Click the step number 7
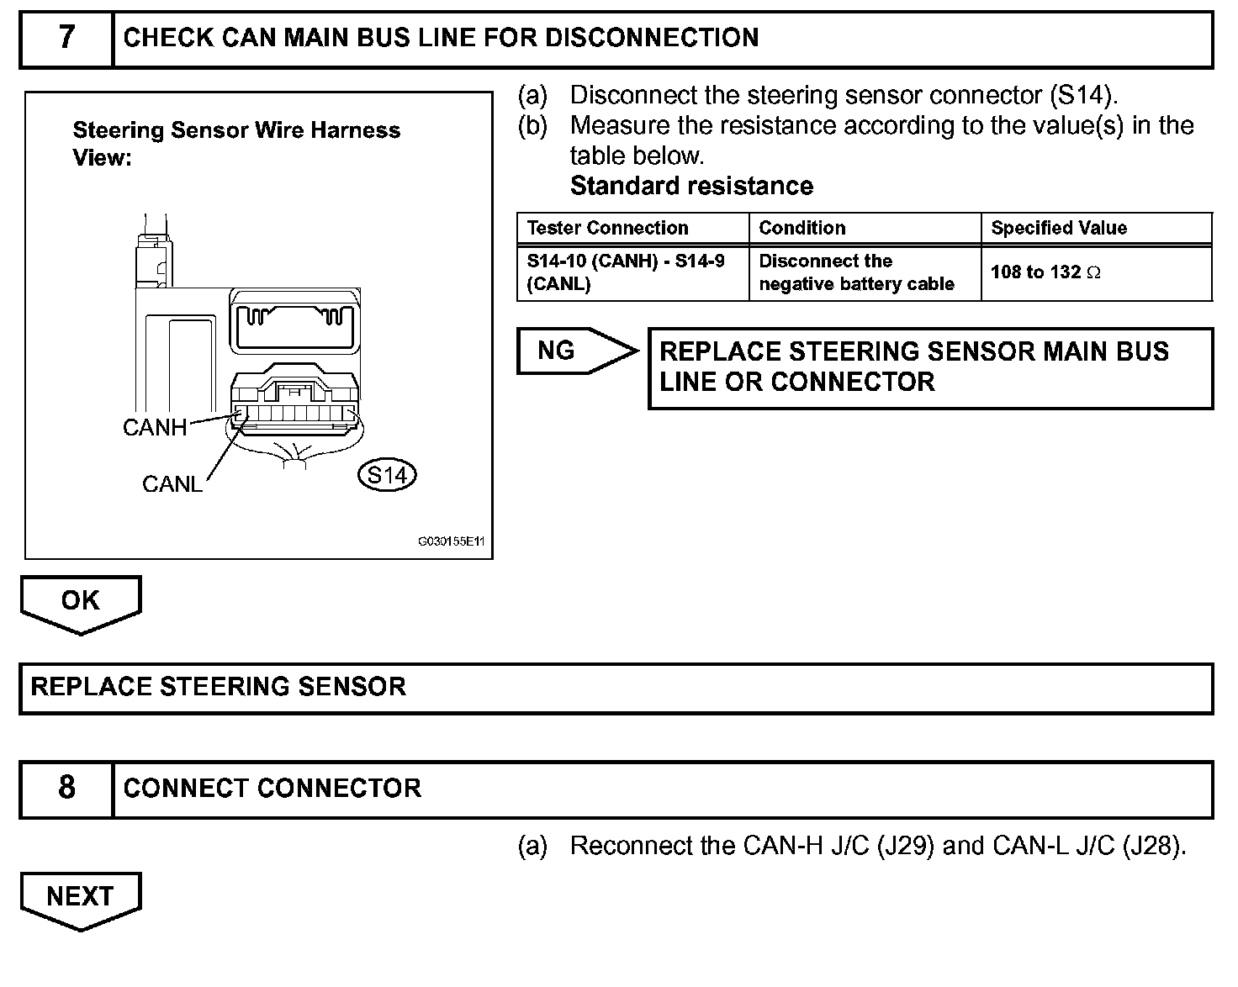(66, 37)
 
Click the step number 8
(66, 787)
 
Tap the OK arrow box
(81, 604)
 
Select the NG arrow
(577, 351)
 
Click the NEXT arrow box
(81, 900)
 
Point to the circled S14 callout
(387, 475)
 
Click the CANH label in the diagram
(155, 427)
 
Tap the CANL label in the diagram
(172, 484)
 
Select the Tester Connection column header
(607, 228)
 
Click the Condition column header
(802, 228)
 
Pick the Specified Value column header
(1059, 228)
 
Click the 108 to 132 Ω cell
(1045, 272)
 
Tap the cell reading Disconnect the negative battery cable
(856, 272)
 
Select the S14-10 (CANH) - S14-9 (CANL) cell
(626, 272)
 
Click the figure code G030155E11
(451, 541)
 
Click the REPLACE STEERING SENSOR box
(616, 689)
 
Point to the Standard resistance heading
(691, 186)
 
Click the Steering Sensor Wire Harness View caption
(235, 144)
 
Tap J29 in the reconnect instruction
(913, 846)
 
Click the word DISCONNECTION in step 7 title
(652, 37)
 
